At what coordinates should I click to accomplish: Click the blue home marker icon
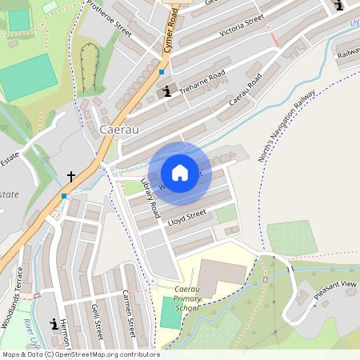[180, 173]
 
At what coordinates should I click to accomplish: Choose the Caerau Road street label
[245, 93]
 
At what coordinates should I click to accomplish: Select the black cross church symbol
[70, 175]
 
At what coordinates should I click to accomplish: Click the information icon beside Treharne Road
[166, 91]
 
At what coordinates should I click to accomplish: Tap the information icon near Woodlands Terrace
[54, 325]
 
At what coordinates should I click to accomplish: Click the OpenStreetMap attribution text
[80, 354]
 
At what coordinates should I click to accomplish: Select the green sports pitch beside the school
[170, 312]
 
